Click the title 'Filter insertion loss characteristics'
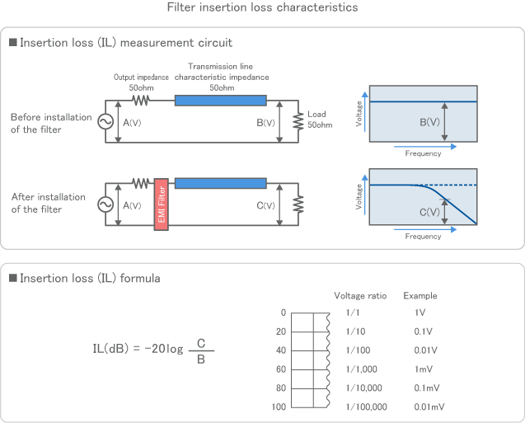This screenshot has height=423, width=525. pyautogui.click(x=262, y=7)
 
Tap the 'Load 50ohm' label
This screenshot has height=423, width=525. pyautogui.click(x=319, y=120)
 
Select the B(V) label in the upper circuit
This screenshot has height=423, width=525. pyautogui.click(x=265, y=122)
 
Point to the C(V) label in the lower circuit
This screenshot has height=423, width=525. pyautogui.click(x=265, y=205)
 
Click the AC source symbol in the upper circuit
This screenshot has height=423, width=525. pyautogui.click(x=105, y=121)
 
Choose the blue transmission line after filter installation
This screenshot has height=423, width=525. pyautogui.click(x=220, y=182)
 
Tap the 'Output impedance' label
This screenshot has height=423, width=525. pyautogui.click(x=141, y=77)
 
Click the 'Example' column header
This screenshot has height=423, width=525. pyautogui.click(x=420, y=296)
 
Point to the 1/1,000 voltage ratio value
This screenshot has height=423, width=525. pyautogui.click(x=362, y=369)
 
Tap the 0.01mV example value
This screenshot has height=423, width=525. pyautogui.click(x=428, y=407)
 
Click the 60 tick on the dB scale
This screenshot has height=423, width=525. pyautogui.click(x=280, y=369)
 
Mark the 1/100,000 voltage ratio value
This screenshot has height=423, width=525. pyautogui.click(x=365, y=407)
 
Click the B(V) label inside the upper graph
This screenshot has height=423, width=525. pyautogui.click(x=429, y=123)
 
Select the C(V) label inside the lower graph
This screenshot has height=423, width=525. pyautogui.click(x=429, y=212)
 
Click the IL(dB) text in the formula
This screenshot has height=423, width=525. pyautogui.click(x=109, y=347)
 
